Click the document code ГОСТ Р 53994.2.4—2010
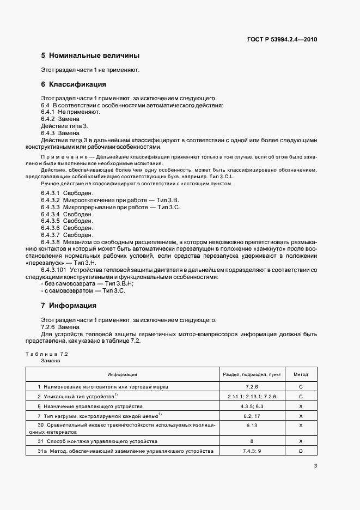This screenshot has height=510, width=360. (x=283, y=40)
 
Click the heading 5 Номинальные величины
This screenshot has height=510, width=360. (x=90, y=56)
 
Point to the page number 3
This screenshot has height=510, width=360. (x=316, y=465)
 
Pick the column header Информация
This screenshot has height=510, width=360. (x=122, y=375)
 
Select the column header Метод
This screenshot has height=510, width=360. (x=301, y=375)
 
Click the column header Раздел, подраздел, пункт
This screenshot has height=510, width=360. (x=252, y=375)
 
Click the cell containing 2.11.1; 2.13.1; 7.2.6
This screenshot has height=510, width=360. (x=252, y=396)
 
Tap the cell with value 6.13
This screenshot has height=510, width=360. (x=252, y=426)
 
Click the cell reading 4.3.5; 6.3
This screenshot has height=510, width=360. (x=252, y=406)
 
